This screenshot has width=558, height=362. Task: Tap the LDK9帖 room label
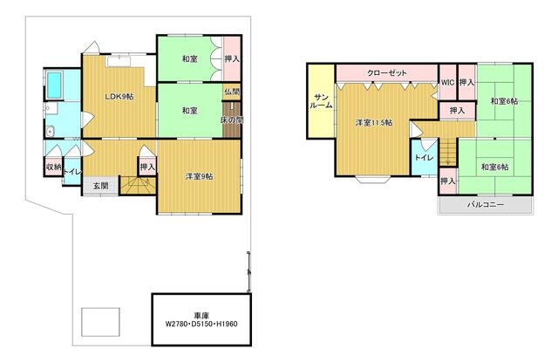point(119,96)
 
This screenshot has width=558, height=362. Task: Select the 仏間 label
point(233,92)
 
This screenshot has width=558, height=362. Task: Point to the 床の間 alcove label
point(232,120)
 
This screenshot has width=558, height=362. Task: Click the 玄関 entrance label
point(101,186)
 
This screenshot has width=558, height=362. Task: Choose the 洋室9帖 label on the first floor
point(200,176)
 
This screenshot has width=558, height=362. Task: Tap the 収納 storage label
point(54,167)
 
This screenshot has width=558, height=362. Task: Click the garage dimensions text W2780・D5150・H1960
point(201,324)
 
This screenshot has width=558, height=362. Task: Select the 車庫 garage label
point(201,316)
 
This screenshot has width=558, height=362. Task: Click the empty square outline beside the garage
point(100,322)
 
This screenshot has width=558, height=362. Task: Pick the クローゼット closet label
point(387,73)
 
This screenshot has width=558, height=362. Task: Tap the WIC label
point(447,82)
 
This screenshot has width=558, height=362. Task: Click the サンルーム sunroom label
point(322,101)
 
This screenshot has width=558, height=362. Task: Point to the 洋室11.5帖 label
point(374,123)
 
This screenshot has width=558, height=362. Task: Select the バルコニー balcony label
point(486,205)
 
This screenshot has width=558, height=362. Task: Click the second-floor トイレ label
point(425,157)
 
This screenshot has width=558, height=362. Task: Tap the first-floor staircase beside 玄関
point(138,185)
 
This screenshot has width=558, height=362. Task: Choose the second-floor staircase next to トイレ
point(447,152)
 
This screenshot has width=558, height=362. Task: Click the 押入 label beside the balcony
point(448,181)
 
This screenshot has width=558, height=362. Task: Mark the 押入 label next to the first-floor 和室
point(232,59)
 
